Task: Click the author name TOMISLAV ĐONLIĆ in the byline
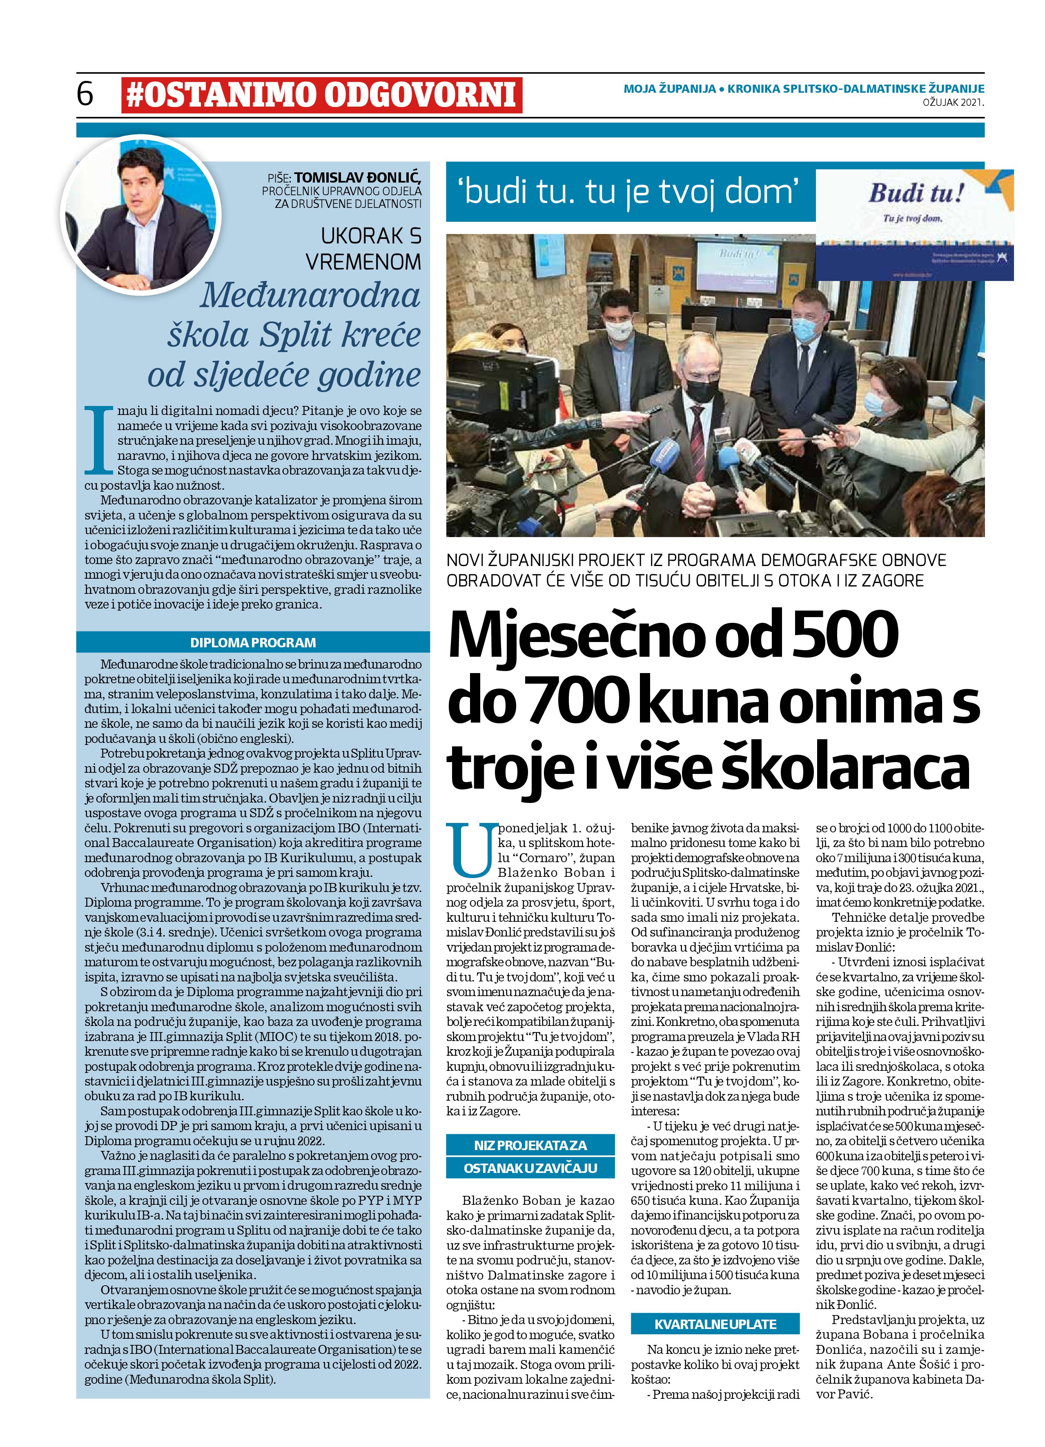357,178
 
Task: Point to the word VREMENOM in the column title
363,261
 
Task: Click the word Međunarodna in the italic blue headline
311,296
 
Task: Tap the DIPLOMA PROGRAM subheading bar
253,642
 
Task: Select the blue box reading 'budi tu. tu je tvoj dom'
631,192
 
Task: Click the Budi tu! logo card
915,225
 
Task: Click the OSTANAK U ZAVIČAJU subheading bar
530,1168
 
